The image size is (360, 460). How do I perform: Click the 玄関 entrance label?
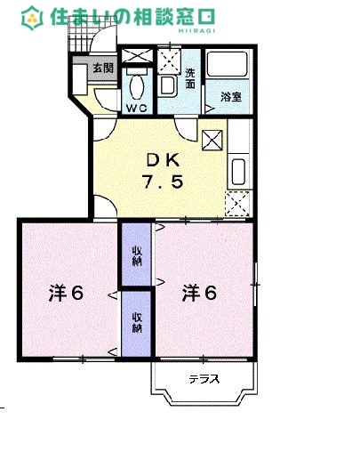coord(102,68)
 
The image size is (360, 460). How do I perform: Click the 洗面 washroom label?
coord(191,79)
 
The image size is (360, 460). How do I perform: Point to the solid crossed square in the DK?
coord(213,141)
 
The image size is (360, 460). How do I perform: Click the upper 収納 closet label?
coord(138,256)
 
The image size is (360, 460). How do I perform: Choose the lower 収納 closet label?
coord(138,321)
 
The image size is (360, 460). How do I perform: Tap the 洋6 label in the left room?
coord(66,293)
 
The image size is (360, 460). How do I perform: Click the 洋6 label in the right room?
coord(200,292)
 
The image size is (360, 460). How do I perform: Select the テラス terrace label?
coord(204,379)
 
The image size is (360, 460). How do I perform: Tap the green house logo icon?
coord(32,17)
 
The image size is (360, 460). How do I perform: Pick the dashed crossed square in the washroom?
coord(168,60)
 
